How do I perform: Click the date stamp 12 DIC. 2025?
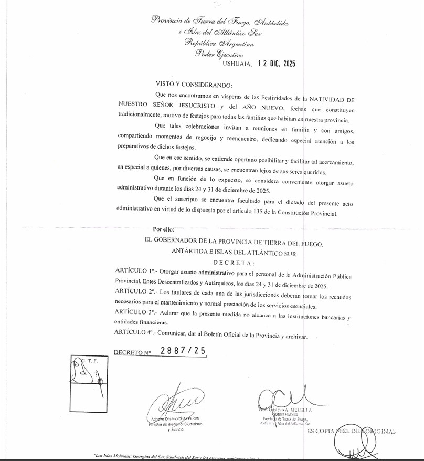tap(276, 64)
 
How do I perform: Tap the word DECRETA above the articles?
tap(234, 263)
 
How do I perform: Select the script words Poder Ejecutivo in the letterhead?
tap(219, 54)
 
